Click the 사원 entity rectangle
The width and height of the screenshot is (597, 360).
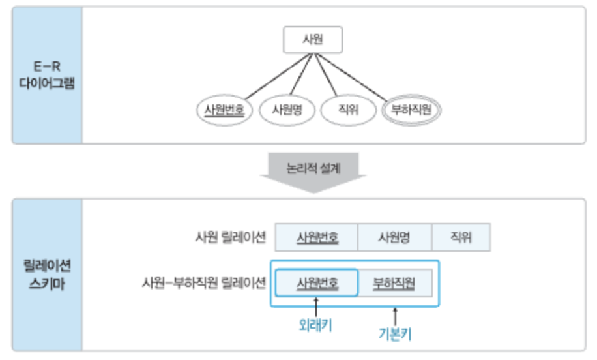[313, 40]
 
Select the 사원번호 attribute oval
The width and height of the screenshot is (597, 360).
[224, 110]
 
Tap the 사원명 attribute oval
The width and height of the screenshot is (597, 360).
[286, 110]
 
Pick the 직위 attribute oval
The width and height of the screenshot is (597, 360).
[349, 110]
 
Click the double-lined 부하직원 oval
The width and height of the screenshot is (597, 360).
[411, 110]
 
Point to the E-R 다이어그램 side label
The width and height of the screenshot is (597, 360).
[47, 76]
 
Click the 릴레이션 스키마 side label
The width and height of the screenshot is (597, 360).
[47, 275]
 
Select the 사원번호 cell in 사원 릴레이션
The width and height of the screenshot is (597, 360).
[317, 237]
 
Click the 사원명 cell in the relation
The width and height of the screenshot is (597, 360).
[394, 237]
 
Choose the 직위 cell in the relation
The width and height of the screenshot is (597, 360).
[460, 237]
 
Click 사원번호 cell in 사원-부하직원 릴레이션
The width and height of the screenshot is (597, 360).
[317, 283]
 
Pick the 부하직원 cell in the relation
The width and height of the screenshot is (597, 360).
[394, 283]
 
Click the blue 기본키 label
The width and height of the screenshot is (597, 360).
[395, 334]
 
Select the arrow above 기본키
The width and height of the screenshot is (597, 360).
[395, 314]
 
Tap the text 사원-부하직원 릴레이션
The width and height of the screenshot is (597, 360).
[203, 283]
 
